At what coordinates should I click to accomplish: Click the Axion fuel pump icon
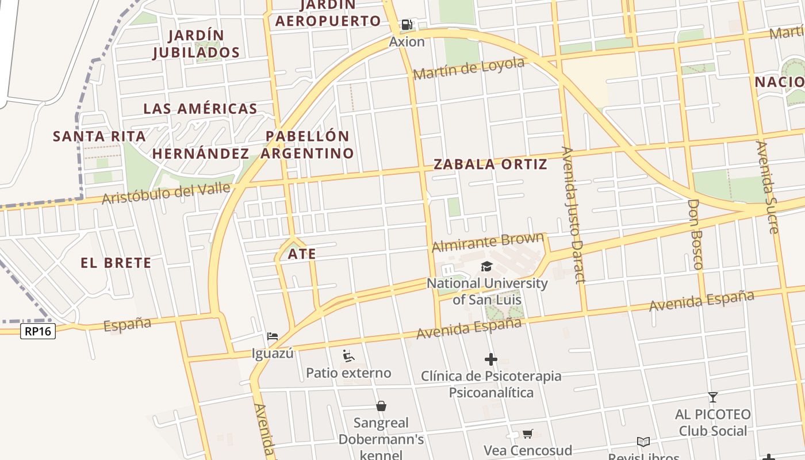pos(407,25)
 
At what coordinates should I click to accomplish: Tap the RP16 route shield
pos(38,331)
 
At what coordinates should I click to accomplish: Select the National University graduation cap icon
pos(487,266)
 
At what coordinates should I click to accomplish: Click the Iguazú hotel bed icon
pos(273,336)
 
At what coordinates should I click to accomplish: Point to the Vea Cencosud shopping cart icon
pos(528,434)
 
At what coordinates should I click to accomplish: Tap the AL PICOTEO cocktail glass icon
pos(713,397)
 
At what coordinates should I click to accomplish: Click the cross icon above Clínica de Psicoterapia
pos(490,359)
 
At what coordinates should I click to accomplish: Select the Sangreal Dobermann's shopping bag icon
pos(381,406)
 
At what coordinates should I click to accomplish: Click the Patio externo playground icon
pos(348,356)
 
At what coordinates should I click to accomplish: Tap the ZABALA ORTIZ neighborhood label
pos(490,164)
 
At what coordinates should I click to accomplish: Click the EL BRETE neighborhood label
pos(116,263)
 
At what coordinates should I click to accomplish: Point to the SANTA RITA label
pos(99,136)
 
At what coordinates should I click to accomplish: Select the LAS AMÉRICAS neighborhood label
pos(200,109)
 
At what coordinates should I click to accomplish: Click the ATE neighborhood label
pos(302,254)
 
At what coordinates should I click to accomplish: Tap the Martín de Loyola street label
pos(469,69)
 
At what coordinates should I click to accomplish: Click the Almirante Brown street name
pos(488,241)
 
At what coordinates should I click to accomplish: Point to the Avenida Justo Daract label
pos(573,214)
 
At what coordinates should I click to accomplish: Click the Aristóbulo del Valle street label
pos(166,193)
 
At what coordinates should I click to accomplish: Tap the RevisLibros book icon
pos(643,442)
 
